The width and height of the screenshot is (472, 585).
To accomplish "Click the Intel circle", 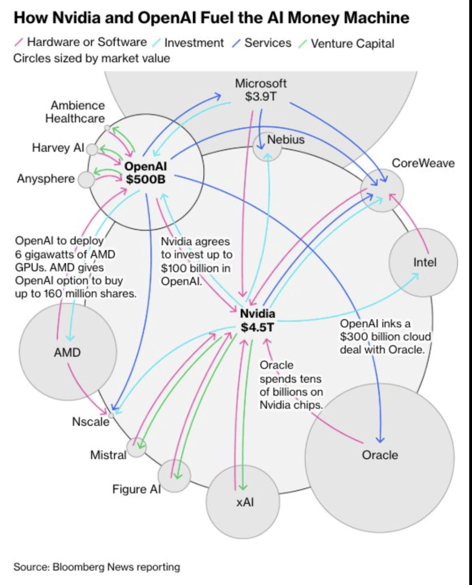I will (423, 262).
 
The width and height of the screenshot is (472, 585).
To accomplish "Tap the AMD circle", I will (67, 351).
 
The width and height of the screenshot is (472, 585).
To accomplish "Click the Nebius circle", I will (268, 146).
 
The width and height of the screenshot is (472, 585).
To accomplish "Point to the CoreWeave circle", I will (382, 190).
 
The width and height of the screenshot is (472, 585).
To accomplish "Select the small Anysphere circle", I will (86, 179).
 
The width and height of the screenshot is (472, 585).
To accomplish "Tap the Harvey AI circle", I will (92, 149).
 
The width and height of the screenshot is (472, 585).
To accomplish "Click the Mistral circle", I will (136, 447).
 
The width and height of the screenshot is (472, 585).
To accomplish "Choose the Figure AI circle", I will (174, 475).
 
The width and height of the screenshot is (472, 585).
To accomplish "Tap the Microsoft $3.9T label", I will (261, 90).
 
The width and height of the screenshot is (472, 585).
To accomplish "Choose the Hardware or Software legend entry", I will (83, 43).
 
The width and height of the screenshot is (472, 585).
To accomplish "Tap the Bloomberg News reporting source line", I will (96, 567).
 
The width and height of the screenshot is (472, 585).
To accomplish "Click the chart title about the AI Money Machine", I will (211, 18).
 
